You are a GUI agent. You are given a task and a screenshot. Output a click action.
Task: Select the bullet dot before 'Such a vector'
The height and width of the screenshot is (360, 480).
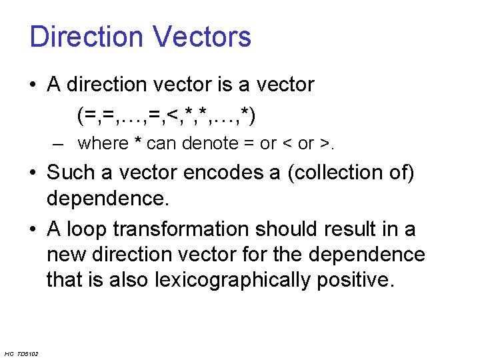tap(33, 174)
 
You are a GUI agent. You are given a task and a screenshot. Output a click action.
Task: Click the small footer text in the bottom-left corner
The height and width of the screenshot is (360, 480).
tap(21, 353)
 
